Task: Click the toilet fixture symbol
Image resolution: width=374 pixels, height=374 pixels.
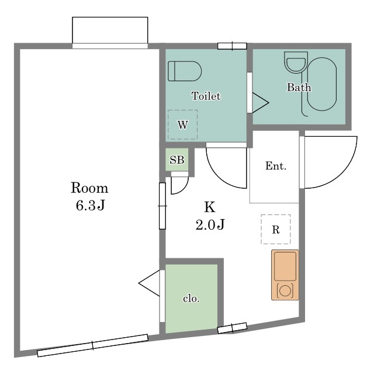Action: pos(185,71)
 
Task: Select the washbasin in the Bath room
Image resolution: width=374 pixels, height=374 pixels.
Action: pos(296,63)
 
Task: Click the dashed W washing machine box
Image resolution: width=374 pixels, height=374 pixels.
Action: pos(183,124)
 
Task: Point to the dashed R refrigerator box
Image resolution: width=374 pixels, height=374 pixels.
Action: pos(276,229)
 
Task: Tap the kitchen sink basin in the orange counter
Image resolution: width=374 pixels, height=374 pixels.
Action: pos(285,266)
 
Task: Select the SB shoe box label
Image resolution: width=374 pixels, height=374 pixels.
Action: pos(177,160)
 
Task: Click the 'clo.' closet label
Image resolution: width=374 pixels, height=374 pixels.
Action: pos(191,299)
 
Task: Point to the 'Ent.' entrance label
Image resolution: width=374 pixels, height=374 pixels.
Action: pos(276,166)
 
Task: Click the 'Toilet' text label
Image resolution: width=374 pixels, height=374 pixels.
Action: pos(206,96)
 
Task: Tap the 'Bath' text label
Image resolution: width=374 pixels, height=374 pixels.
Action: pos(299,87)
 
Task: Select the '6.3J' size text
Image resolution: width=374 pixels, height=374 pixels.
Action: pos(90,205)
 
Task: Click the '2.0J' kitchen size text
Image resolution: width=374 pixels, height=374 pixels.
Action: pos(210,224)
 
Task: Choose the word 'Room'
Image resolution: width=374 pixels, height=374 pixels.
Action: pos(89,188)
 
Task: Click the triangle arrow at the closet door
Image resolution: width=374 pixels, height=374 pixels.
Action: pos(149,283)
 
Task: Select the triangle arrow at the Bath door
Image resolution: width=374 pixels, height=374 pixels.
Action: pos(261,103)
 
